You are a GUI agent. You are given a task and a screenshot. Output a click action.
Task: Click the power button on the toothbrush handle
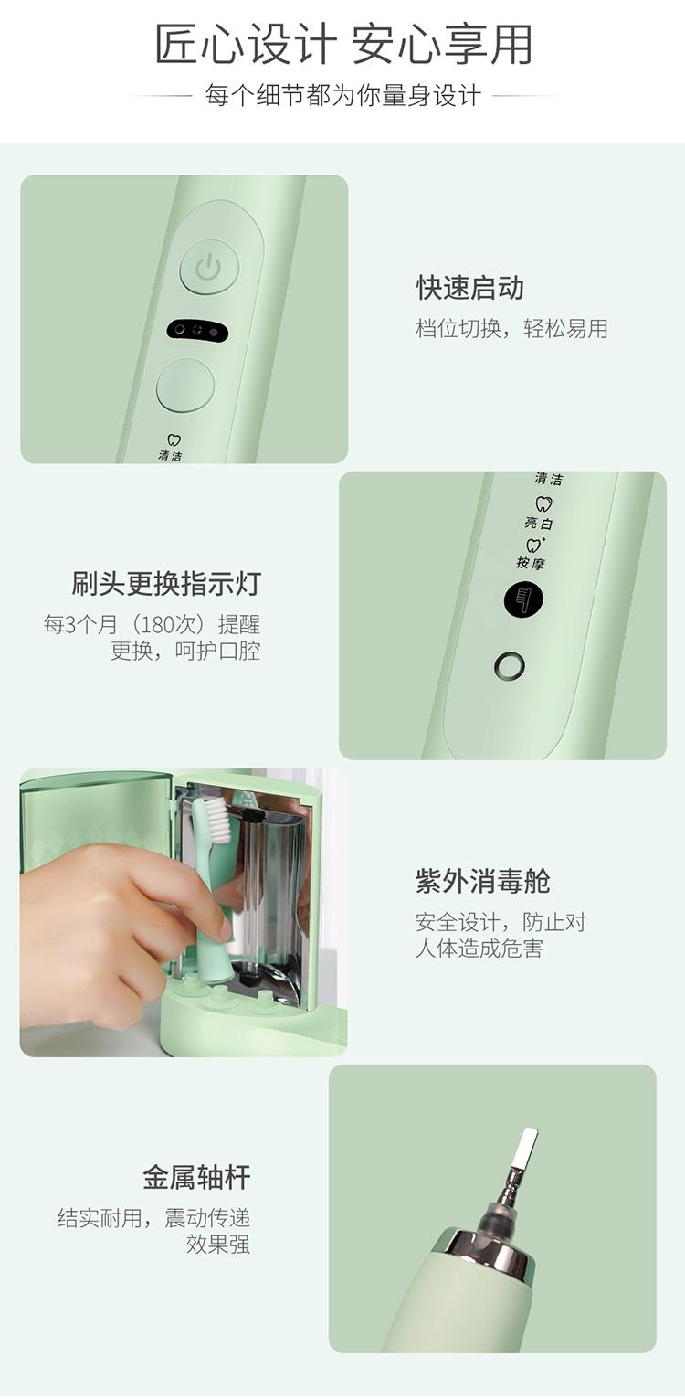pyautogui.click(x=209, y=270)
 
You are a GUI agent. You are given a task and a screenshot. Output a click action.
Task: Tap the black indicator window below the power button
pyautogui.click(x=196, y=331)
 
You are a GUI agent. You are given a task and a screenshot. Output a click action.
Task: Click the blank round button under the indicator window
pyautogui.click(x=184, y=385)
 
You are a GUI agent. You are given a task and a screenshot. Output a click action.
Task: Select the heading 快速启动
pyautogui.click(x=470, y=288)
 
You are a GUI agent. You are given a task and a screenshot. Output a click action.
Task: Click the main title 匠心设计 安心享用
pyautogui.click(x=343, y=45)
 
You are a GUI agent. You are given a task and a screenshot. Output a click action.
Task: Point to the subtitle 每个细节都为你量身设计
pyautogui.click(x=342, y=96)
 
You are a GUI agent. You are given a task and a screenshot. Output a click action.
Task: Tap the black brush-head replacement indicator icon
pyautogui.click(x=523, y=600)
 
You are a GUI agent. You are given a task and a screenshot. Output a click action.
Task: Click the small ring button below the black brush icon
pyautogui.click(x=509, y=666)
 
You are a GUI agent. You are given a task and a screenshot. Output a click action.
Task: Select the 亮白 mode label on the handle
pyautogui.click(x=539, y=522)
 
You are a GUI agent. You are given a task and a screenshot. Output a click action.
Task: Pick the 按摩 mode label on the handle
pyautogui.click(x=531, y=563)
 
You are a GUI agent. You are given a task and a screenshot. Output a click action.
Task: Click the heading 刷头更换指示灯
pyautogui.click(x=165, y=584)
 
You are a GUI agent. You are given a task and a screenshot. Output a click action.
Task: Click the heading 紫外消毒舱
pyautogui.click(x=482, y=881)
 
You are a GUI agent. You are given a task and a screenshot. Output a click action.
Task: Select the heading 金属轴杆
pyautogui.click(x=196, y=1177)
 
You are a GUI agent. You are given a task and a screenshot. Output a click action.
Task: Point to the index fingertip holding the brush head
pyautogui.click(x=224, y=928)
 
